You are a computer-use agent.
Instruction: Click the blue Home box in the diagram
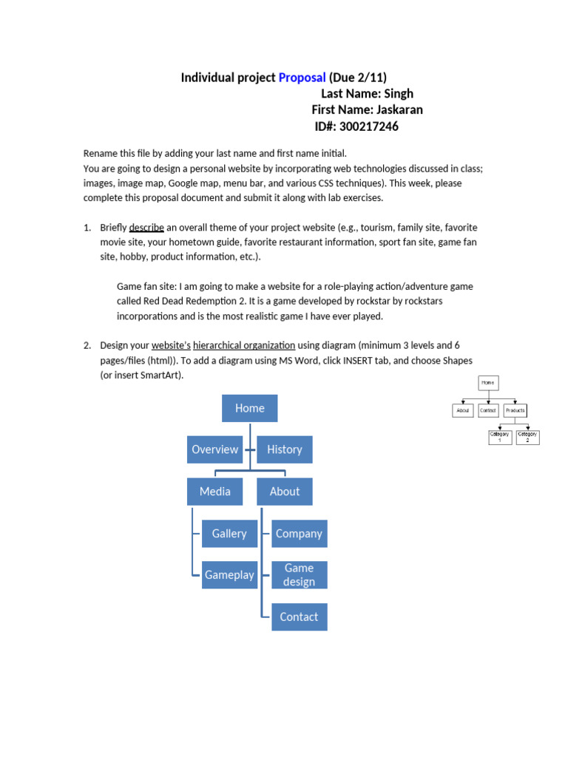click(x=249, y=408)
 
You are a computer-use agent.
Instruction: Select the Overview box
click(x=214, y=449)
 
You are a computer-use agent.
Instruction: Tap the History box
click(x=284, y=449)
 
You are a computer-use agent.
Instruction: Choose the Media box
click(x=214, y=492)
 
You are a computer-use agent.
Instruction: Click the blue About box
click(x=284, y=492)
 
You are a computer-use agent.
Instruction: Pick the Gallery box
click(x=229, y=534)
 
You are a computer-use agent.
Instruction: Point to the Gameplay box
click(x=229, y=575)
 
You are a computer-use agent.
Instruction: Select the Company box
click(x=299, y=534)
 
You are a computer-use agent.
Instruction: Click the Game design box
click(x=299, y=575)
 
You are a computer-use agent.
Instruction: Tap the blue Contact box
click(x=299, y=617)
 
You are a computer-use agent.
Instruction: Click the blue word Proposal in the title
click(x=302, y=78)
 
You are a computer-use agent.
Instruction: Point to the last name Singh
click(x=399, y=94)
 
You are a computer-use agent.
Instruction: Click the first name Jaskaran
click(x=399, y=110)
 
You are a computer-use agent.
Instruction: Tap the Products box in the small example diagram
click(x=515, y=410)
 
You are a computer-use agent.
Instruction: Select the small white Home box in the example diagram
click(x=487, y=383)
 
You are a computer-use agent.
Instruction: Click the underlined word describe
click(x=146, y=228)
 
